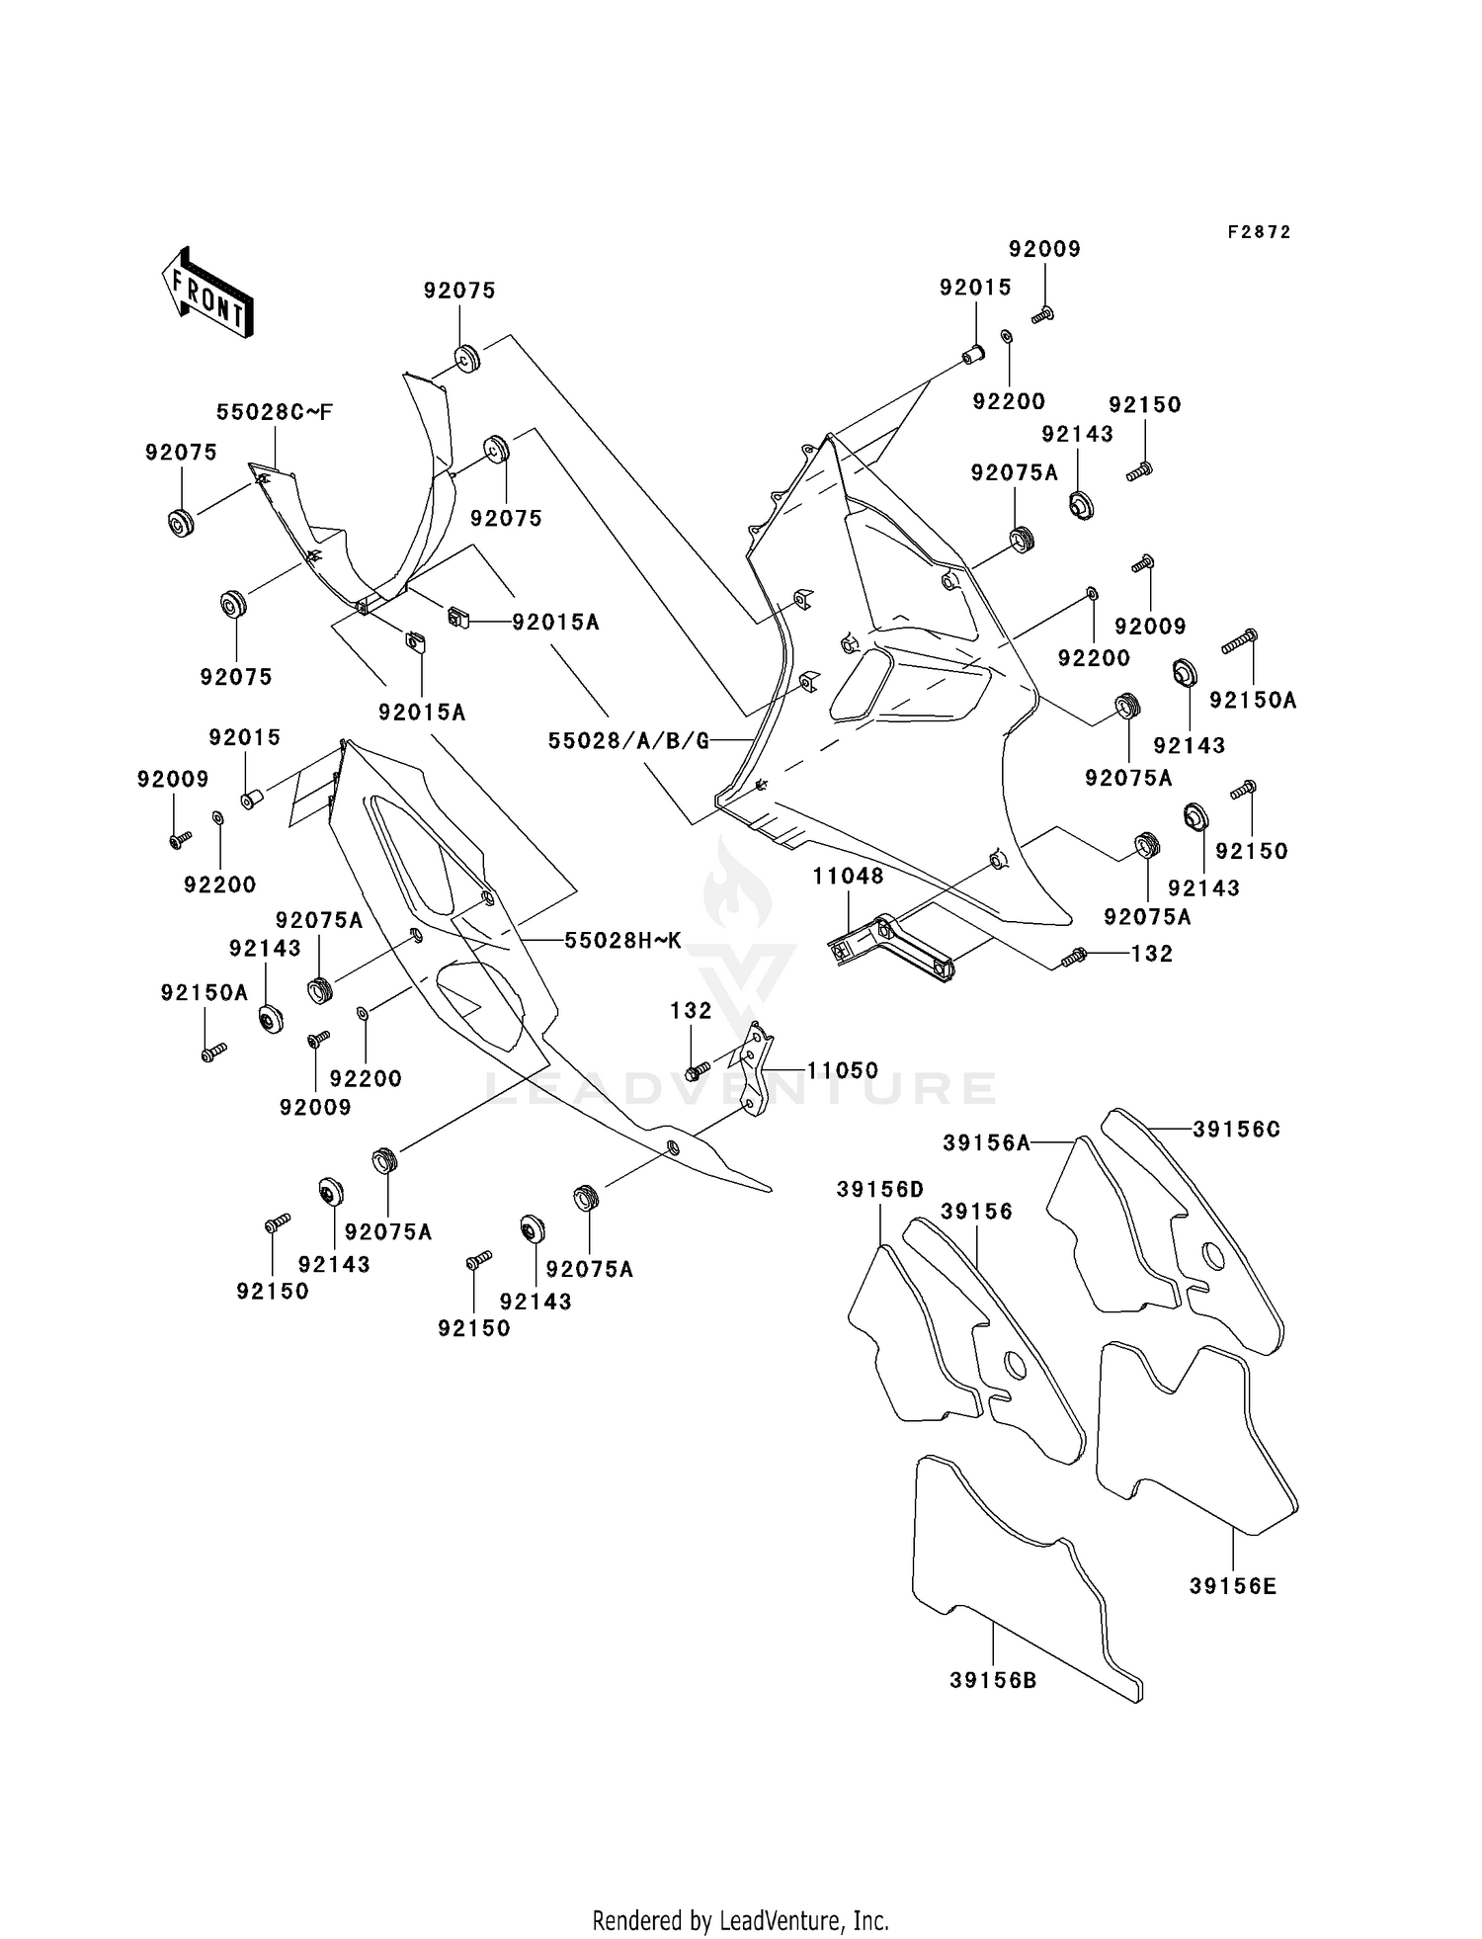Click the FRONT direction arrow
[207, 294]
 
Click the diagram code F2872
[1259, 232]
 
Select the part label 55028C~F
[275, 412]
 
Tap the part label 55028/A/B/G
[628, 740]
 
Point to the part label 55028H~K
[622, 940]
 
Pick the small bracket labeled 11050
[757, 1072]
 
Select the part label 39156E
[1232, 1586]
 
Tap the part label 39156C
[1236, 1130]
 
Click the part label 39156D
[879, 1190]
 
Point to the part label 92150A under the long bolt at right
[1252, 700]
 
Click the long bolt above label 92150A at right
[1239, 640]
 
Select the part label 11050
[842, 1070]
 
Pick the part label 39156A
[986, 1142]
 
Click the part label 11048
[849, 876]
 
